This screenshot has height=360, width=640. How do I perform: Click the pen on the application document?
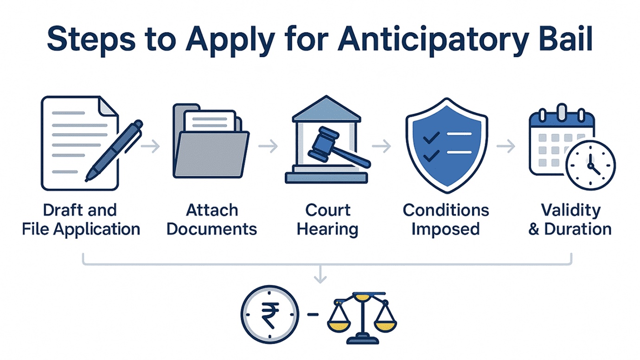tap(114, 151)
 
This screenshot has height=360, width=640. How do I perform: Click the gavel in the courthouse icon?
tap(334, 146)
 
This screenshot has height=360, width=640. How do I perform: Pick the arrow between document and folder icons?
tap(150, 147)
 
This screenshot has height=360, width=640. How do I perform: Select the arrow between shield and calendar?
tap(506, 147)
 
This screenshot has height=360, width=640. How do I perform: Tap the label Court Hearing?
tap(327, 219)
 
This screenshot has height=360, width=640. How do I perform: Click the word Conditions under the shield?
tap(446, 210)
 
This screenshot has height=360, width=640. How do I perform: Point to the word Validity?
tap(570, 210)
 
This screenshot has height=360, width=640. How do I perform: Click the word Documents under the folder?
tap(211, 229)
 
